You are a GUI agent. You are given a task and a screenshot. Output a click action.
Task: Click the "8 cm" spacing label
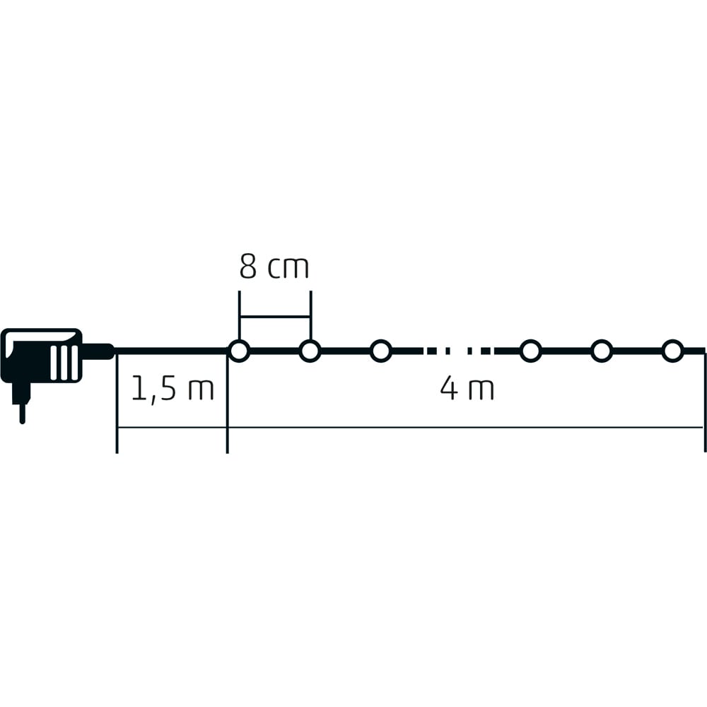274,267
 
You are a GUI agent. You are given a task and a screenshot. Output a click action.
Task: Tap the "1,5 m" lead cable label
173,389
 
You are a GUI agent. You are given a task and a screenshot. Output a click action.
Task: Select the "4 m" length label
467,389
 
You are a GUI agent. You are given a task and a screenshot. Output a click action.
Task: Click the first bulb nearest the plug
239,351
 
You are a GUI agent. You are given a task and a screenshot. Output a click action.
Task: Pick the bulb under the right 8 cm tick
310,351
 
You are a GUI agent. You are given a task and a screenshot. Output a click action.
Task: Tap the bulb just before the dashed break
381,351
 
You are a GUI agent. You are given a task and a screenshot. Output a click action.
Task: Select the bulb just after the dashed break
531,351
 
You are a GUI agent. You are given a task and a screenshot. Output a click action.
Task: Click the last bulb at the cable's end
673,351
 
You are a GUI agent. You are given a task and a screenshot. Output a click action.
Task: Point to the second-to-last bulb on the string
602,351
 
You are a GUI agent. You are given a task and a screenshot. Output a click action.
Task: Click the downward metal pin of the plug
22,414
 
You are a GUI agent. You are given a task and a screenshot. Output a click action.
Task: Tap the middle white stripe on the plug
64,363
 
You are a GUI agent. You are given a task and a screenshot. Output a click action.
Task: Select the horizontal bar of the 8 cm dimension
275,317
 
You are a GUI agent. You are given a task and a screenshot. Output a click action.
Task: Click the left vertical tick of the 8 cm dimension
240,315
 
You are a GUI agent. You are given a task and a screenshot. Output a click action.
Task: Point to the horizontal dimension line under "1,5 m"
173,427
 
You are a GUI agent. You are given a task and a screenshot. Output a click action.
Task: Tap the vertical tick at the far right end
705,402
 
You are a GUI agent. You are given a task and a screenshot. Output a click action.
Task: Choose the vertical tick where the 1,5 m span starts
117,403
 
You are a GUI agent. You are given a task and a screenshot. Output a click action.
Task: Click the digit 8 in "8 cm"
248,267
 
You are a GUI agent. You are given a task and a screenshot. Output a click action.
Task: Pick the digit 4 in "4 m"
449,389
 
